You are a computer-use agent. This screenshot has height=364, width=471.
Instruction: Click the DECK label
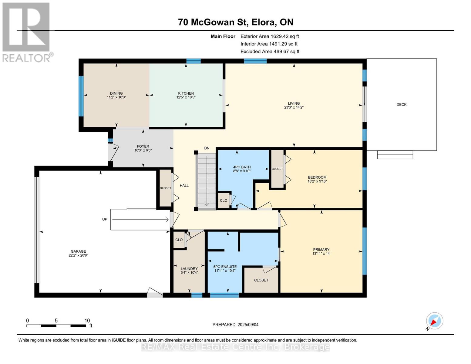(401, 105)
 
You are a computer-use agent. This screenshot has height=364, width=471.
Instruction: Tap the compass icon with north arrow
(434, 321)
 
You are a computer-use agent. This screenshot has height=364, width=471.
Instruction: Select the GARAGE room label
(78, 251)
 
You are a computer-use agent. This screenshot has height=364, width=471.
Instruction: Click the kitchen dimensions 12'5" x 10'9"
(186, 97)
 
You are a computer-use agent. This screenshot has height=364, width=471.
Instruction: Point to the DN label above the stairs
(207, 148)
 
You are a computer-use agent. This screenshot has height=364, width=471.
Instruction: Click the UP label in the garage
(105, 219)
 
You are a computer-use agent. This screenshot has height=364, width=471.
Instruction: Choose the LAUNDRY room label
(189, 268)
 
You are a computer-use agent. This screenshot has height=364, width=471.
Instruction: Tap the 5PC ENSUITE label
(225, 267)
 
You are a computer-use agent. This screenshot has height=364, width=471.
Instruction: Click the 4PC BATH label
(242, 167)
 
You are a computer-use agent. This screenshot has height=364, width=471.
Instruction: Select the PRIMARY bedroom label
(321, 250)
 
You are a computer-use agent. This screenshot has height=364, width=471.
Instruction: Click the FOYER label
(143, 147)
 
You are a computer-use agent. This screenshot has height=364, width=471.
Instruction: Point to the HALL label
(184, 186)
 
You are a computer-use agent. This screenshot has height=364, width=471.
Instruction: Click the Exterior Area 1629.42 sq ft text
(270, 36)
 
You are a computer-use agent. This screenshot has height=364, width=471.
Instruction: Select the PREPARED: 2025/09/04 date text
(235, 325)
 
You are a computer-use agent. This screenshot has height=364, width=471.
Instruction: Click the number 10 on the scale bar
(87, 321)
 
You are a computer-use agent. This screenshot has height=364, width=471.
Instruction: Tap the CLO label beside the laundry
(179, 240)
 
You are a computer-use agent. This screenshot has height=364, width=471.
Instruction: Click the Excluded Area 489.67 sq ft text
(270, 52)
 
